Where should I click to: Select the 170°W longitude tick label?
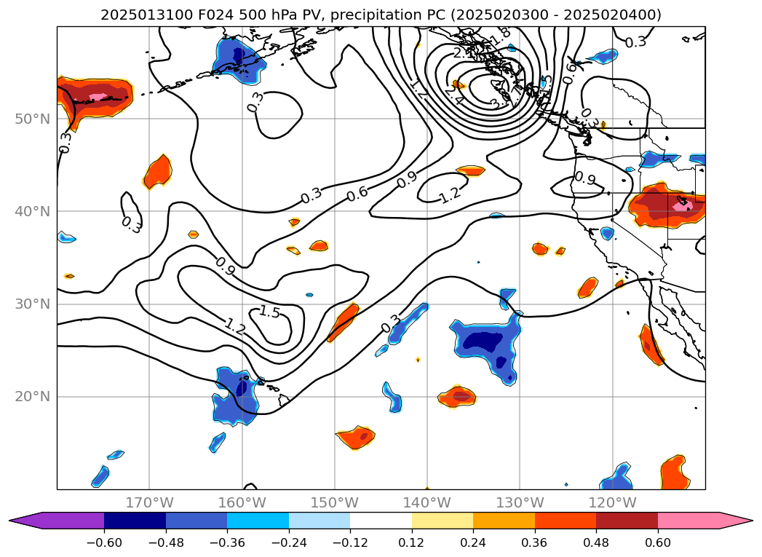pos(149,502)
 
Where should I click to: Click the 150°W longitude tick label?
pos(335,502)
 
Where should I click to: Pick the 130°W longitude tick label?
pos(520,502)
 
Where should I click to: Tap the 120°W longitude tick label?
pos(612,502)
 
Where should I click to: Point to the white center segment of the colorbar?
pos(381,520)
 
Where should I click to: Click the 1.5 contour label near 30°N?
pos(269,312)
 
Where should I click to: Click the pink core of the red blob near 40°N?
pos(683,206)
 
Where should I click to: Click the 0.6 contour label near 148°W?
pos(357,194)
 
